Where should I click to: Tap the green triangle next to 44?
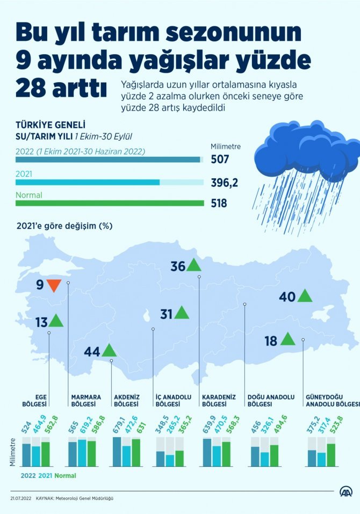109,351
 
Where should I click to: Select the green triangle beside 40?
305,296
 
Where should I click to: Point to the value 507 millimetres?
220,159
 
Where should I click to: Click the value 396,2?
225,182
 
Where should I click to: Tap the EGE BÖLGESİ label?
35,400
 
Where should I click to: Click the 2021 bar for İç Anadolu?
170,460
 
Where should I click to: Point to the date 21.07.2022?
20,498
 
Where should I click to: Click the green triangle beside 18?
287,339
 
